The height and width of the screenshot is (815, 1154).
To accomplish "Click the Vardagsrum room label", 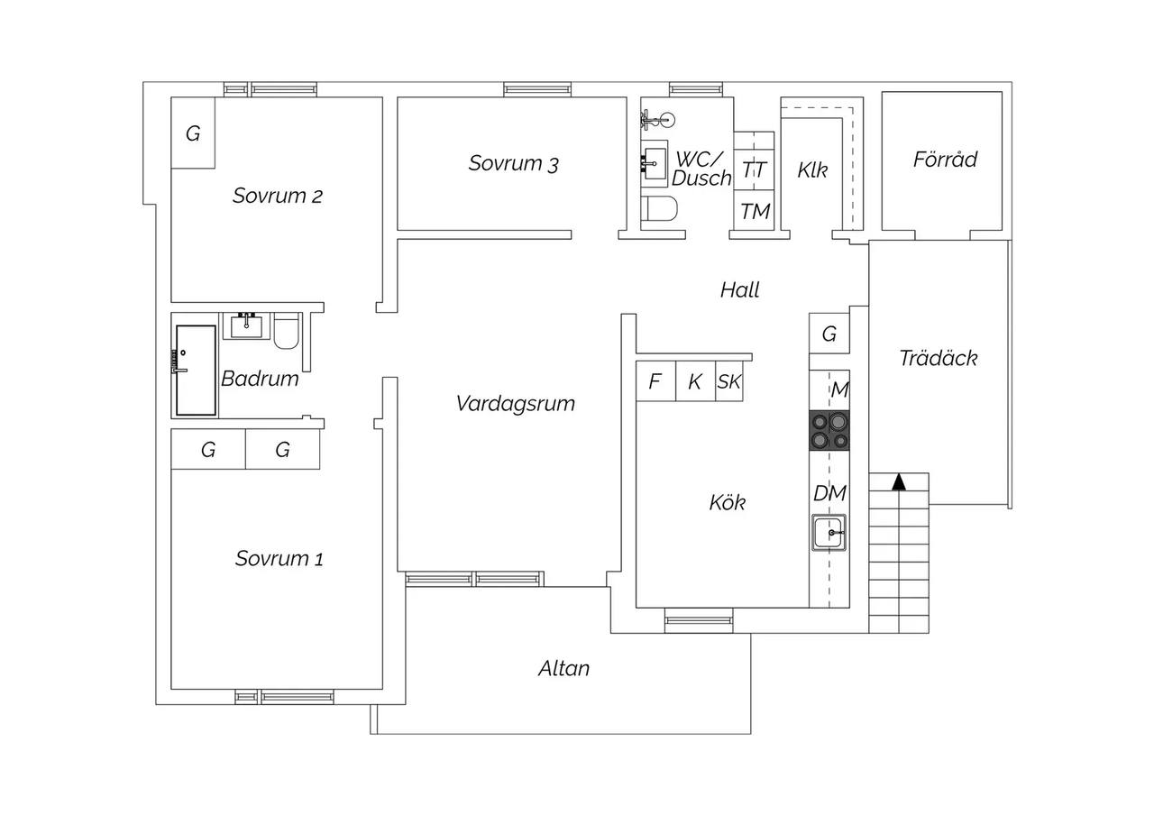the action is tap(515, 404).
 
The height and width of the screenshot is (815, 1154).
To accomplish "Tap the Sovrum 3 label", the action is tap(513, 163).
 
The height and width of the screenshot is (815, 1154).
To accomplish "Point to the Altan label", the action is tap(563, 669).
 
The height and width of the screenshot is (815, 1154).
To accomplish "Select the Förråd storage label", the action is tap(945, 160).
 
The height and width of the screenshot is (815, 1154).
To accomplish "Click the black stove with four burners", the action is tap(829, 430).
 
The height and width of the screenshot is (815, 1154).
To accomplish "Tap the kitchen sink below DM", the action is tap(829, 532).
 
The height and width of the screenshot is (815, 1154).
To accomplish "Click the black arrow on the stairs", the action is tap(899, 481).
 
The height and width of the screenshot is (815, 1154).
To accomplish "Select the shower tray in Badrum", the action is tap(196, 370).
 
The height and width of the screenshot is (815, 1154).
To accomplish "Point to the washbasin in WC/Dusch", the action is tap(655, 163).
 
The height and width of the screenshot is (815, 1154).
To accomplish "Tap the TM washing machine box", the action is tap(755, 210).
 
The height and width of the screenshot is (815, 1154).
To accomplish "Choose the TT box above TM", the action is tap(755, 170).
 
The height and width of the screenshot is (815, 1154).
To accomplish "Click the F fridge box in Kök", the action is tap(655, 381).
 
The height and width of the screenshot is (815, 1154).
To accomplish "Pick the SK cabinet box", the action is tap(729, 381).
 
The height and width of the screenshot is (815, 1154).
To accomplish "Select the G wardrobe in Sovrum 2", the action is tap(193, 133).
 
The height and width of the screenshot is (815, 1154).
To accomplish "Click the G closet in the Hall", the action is tap(829, 334).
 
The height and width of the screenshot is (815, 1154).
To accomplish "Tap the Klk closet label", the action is tap(812, 170).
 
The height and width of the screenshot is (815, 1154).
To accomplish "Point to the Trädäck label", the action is tap(939, 359).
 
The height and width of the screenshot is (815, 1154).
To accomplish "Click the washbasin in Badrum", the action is tap(246, 326).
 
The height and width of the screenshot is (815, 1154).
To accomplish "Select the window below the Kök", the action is tap(699, 620).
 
